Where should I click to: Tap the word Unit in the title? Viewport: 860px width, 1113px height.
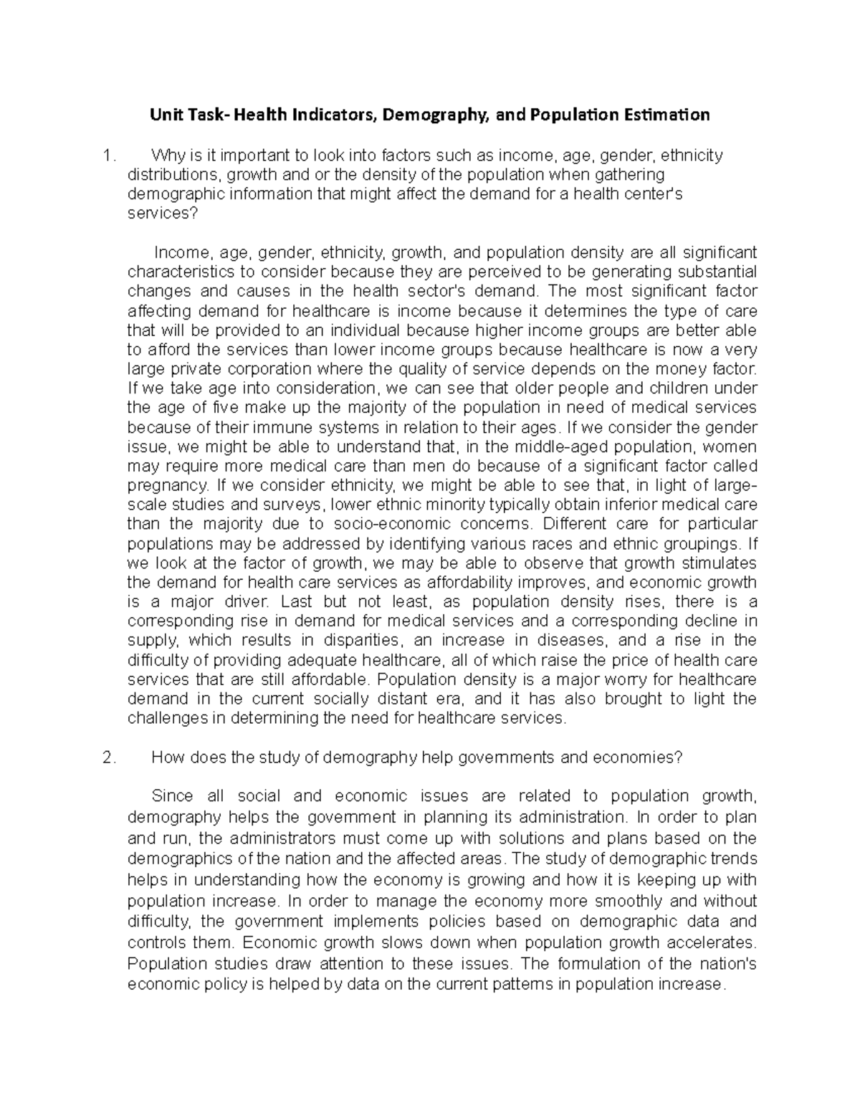(163, 115)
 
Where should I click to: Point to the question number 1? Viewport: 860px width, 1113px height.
(108, 156)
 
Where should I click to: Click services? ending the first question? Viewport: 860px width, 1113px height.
(161, 214)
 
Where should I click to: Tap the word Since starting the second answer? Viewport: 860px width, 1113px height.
(172, 796)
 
